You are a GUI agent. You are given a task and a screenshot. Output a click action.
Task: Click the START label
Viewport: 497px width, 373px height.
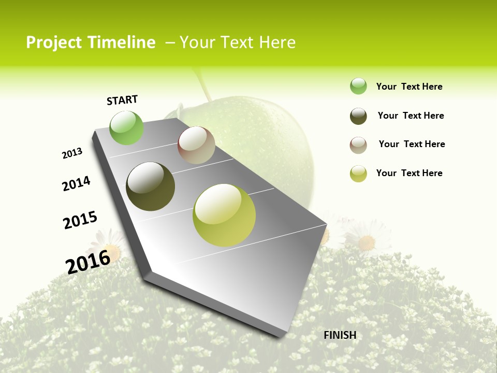click(122, 100)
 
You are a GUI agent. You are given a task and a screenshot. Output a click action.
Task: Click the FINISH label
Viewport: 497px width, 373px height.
click(340, 335)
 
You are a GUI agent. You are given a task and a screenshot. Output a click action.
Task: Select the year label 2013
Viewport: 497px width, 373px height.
click(72, 153)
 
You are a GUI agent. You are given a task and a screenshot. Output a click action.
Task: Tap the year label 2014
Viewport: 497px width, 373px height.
click(76, 183)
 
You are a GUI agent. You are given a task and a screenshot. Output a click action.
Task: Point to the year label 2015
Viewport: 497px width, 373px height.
click(80, 220)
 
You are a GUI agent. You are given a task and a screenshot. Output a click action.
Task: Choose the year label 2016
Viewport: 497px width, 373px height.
click(88, 262)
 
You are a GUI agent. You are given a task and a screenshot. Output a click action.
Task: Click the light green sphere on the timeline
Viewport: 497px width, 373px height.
click(126, 128)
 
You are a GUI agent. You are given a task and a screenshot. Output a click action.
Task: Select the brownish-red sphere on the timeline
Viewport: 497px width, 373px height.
click(196, 145)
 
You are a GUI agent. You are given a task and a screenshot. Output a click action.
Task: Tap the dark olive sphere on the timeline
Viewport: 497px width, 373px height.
click(150, 187)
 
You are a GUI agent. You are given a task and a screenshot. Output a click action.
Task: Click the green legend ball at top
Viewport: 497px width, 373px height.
click(358, 86)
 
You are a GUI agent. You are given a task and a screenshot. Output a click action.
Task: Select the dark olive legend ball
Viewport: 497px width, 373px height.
click(358, 116)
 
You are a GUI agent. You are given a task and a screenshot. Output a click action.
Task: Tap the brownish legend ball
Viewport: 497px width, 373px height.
click(358, 145)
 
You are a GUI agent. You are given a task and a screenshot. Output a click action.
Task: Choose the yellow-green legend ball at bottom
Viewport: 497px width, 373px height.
click(358, 174)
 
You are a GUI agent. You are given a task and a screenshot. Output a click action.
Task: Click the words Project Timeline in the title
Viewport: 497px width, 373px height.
click(91, 42)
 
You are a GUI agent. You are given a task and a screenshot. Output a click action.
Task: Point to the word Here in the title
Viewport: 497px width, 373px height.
click(277, 42)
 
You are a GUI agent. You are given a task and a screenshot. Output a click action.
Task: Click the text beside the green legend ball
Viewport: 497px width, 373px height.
click(409, 87)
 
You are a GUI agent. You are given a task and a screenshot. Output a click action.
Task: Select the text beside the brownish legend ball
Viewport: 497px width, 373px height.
click(412, 144)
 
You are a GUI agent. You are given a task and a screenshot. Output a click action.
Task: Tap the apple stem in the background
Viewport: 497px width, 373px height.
click(203, 85)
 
